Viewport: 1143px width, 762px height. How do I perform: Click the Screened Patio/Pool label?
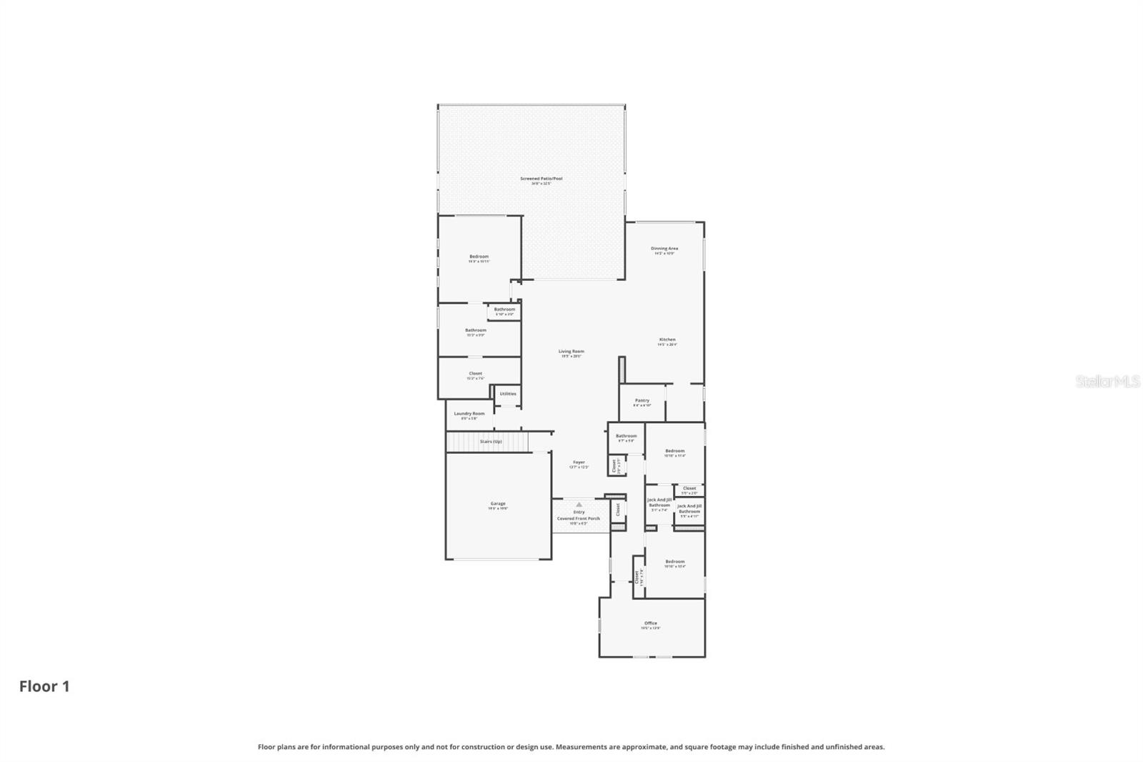coord(541,179)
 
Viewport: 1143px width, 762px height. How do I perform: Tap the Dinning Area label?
coord(664,249)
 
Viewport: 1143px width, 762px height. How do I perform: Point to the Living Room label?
coord(571,352)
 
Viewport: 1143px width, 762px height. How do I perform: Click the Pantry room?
coord(642,402)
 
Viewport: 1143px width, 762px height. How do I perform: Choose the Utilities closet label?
coord(508,394)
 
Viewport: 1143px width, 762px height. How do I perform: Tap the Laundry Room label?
coord(469,414)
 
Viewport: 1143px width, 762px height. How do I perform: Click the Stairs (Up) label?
coord(491,442)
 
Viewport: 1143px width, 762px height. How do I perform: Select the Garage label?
coord(498,504)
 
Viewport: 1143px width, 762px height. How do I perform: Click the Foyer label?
coord(579,462)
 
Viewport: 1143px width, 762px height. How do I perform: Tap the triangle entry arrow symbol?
coord(579,505)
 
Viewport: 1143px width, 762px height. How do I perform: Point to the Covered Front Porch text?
coord(579,518)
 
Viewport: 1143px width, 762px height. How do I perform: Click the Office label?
coord(651,623)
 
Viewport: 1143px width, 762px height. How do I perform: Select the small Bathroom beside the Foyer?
coord(627,437)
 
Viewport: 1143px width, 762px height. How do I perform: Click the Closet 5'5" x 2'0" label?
coord(689,489)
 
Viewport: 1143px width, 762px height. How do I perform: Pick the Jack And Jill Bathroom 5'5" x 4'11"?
coord(689,509)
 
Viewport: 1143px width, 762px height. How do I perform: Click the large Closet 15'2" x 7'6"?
coord(476,375)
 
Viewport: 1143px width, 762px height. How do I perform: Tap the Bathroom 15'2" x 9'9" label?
coord(476,331)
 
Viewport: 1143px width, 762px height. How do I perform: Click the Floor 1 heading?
coord(44,686)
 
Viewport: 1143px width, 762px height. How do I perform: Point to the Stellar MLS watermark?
coord(1108,382)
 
